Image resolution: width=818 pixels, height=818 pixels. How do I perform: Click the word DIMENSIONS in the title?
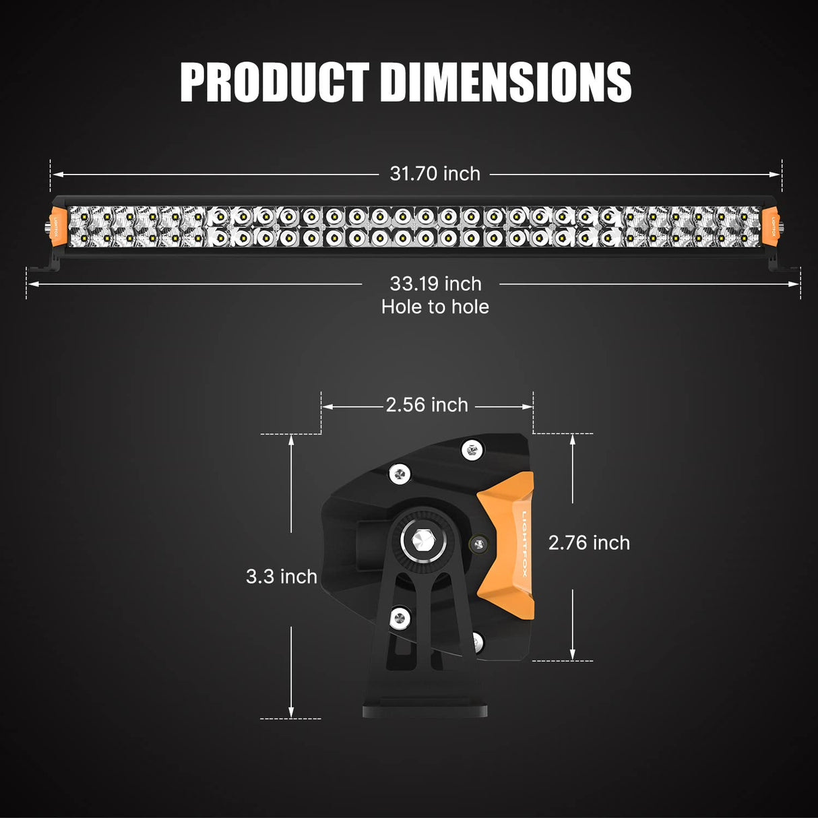pyautogui.click(x=505, y=82)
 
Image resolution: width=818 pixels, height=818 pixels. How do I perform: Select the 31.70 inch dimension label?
pyautogui.click(x=435, y=174)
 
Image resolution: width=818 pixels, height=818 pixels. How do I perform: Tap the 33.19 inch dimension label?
pyautogui.click(x=435, y=284)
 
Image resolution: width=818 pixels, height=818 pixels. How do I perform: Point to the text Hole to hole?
pyautogui.click(x=435, y=307)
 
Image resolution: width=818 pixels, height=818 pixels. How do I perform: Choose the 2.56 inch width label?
pyautogui.click(x=427, y=405)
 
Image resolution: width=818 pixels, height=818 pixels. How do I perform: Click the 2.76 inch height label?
pyautogui.click(x=589, y=542)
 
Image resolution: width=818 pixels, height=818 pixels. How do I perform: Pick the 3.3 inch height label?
pyautogui.click(x=281, y=577)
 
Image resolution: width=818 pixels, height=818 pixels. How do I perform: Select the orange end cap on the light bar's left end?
pyautogui.click(x=57, y=226)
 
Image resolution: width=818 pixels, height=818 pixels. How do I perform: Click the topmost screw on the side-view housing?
pyautogui.click(x=472, y=449)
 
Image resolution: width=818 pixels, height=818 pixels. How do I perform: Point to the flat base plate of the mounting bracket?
pyautogui.click(x=424, y=710)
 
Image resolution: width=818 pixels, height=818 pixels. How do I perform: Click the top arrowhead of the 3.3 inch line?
pyautogui.click(x=291, y=439)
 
